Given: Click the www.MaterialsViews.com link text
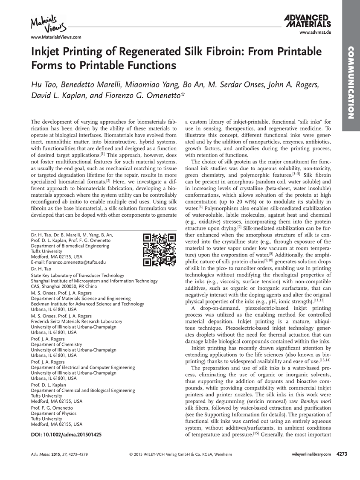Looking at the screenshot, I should tap(56, 37).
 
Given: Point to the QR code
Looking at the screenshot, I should tap(160, 250).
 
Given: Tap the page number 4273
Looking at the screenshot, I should tap(342, 454).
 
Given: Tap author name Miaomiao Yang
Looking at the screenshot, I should tap(158, 84).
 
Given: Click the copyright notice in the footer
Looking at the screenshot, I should tap(180, 455).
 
